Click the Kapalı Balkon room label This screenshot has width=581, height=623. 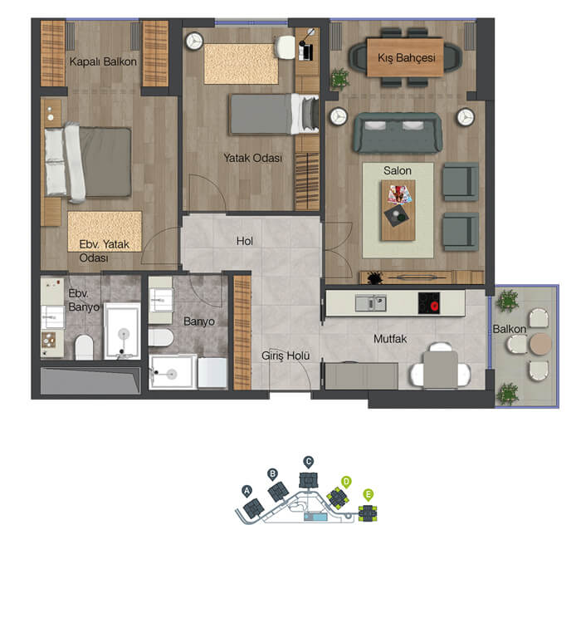103,62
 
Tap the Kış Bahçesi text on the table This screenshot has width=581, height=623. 406,58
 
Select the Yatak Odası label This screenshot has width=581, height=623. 252,158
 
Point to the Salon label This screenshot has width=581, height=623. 397,171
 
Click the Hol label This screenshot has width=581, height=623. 245,241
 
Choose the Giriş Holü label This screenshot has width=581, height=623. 286,356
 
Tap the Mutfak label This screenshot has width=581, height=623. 390,339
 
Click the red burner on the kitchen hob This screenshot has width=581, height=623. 433,306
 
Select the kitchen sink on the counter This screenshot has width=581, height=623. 370,303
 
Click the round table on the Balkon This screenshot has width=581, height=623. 540,344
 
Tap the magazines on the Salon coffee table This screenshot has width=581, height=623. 400,194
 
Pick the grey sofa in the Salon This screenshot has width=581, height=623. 398,133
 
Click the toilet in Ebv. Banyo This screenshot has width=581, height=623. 84,348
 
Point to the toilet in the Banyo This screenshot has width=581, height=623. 161,338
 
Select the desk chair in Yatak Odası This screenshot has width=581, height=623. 285,47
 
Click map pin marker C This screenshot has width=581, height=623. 308,462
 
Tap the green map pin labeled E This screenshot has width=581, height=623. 369,495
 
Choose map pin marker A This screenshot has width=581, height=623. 247,491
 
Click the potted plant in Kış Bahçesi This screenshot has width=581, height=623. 340,78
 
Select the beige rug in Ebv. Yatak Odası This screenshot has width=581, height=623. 105,232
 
